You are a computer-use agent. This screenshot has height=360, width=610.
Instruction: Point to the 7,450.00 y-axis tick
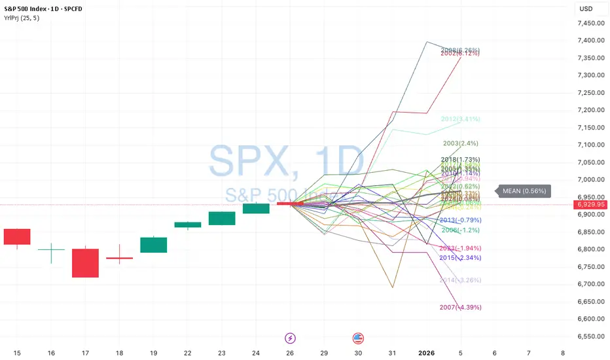(x=592, y=23)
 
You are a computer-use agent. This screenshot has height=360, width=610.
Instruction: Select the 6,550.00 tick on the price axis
(x=592, y=336)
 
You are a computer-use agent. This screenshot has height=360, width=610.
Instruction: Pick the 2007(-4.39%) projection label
(x=460, y=307)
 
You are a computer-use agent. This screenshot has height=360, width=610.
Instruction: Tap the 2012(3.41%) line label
(x=461, y=119)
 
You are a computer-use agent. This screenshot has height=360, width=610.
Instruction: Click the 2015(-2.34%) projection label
(x=460, y=258)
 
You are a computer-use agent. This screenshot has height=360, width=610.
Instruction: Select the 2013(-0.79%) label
(x=460, y=219)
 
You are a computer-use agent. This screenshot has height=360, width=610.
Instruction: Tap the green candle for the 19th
(x=153, y=245)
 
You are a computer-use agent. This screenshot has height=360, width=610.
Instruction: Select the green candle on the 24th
(x=256, y=208)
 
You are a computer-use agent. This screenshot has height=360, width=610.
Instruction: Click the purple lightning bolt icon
(x=289, y=338)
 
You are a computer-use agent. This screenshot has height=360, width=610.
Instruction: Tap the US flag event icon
(x=358, y=338)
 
